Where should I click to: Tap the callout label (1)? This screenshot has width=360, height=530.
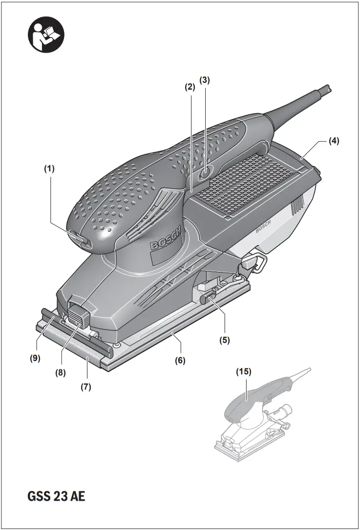(49, 169)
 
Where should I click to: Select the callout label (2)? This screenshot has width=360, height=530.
(190, 87)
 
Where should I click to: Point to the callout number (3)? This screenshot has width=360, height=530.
(205, 80)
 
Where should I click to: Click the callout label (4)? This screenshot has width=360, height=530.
(334, 141)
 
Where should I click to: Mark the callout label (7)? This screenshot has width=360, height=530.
(85, 387)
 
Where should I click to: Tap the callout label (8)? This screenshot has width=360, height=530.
(60, 371)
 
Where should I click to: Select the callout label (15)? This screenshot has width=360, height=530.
(244, 371)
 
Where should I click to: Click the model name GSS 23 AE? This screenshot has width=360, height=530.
(56, 497)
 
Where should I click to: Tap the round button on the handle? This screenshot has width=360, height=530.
(205, 172)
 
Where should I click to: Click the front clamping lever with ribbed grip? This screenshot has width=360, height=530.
(78, 314)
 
